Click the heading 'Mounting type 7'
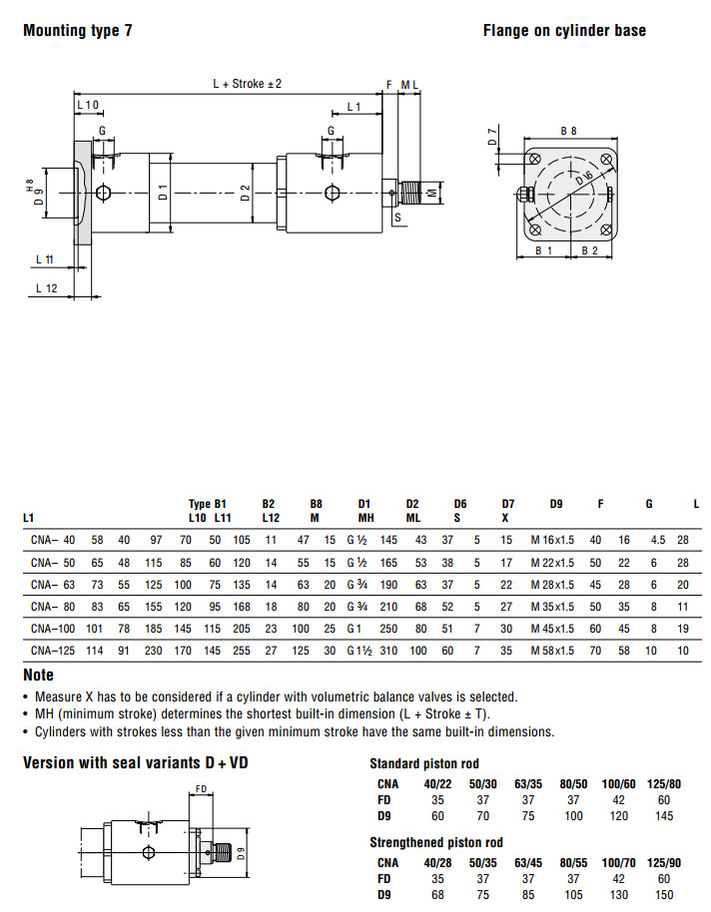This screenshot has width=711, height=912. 77,31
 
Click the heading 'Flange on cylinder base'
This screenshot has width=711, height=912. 564,31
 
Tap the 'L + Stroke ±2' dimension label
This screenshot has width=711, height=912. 247,84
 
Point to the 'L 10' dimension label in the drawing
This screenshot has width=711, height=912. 88,105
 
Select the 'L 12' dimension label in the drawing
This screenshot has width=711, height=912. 46,287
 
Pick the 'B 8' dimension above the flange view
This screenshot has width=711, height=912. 568,131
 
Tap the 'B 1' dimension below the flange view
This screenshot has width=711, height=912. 544,250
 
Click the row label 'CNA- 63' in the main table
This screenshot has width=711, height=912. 53,585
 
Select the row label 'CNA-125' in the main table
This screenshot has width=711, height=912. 53,650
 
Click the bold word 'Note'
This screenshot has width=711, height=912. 38,676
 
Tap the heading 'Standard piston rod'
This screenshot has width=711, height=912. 424,764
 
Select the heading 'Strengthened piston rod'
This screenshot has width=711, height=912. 436,843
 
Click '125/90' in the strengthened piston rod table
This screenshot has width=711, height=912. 661,863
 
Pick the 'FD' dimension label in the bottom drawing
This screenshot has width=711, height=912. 201,789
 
